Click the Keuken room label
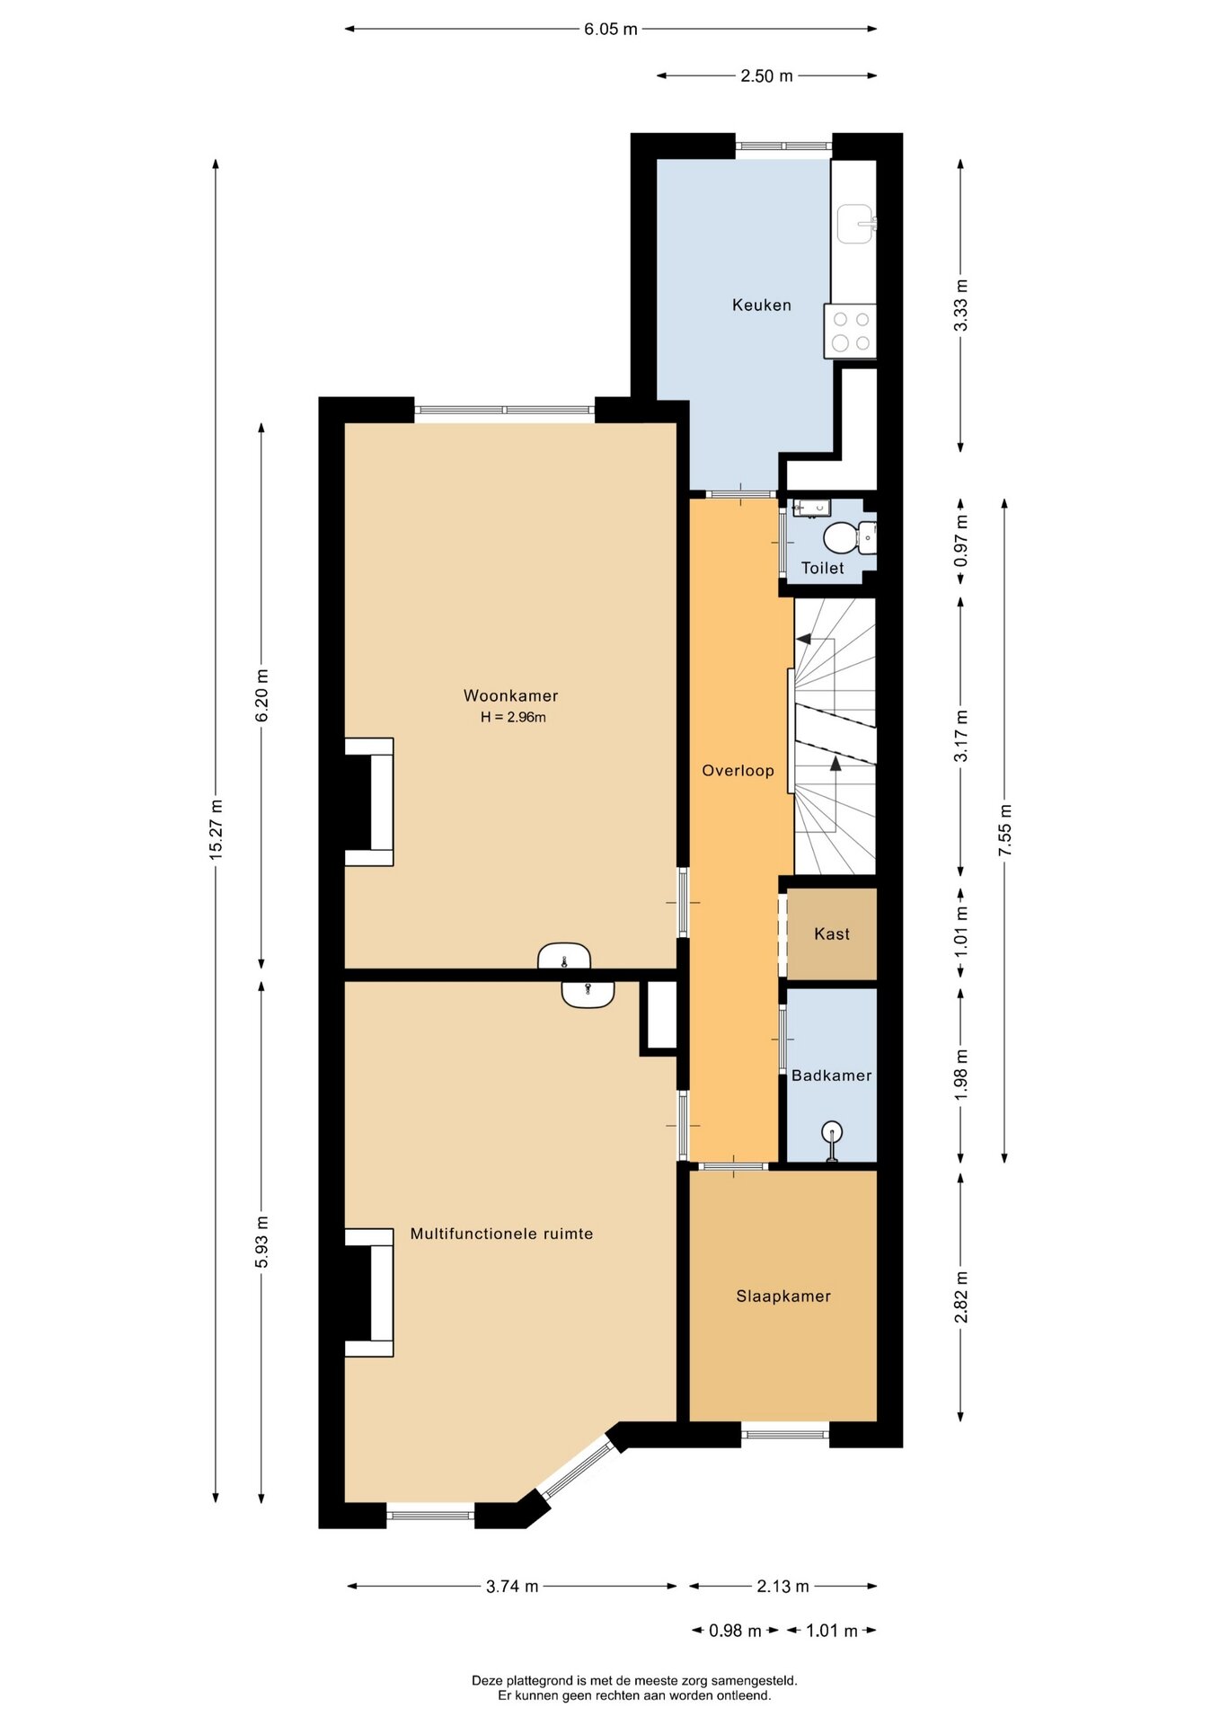coord(761,305)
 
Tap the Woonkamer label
coord(510,695)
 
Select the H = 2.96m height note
coord(513,717)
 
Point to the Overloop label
coord(738,770)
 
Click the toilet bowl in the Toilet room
coord(838,537)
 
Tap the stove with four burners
coord(850,332)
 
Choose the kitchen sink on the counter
coord(855,224)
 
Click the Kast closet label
coord(832,934)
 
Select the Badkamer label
coord(831,1075)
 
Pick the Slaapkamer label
coord(783,1296)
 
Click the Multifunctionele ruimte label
coord(501,1234)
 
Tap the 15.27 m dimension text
coord(216,829)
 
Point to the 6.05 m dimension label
coord(611,29)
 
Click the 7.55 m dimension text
coord(1005,829)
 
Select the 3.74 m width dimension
coord(512,1586)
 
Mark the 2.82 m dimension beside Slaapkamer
coord(961,1297)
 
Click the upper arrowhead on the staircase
coord(803,640)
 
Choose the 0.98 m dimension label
coord(735,1631)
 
